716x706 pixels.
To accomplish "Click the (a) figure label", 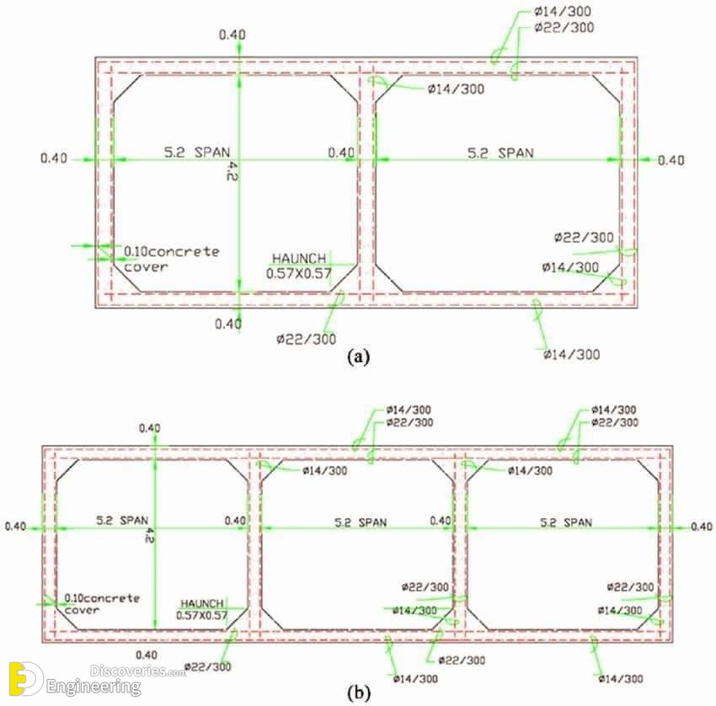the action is [358, 356].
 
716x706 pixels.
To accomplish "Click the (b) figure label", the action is [359, 693].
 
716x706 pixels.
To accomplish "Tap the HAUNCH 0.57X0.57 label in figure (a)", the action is [299, 265].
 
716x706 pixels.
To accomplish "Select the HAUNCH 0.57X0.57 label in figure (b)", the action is [202, 609].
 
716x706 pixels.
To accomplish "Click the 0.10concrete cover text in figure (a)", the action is [171, 259].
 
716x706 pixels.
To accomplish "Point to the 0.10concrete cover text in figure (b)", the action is [102, 604].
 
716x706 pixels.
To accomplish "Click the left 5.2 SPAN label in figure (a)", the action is [197, 152].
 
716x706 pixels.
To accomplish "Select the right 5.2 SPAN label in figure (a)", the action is [500, 153].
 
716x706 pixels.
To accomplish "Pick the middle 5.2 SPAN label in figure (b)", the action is [361, 522].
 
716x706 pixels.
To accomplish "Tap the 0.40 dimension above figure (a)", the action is [232, 35].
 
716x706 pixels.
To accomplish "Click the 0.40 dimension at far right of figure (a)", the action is [671, 160].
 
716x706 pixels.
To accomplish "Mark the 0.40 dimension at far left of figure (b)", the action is [15, 526].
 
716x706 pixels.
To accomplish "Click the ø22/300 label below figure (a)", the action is [306, 339].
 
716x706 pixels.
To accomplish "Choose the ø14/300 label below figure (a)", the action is [572, 355].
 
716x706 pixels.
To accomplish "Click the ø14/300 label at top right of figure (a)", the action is [563, 11].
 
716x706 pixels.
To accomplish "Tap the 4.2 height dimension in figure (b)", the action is [148, 535].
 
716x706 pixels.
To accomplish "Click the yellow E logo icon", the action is [25, 679].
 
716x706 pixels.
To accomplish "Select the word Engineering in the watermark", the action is [94, 687].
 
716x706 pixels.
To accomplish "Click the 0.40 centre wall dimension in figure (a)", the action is [341, 152].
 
